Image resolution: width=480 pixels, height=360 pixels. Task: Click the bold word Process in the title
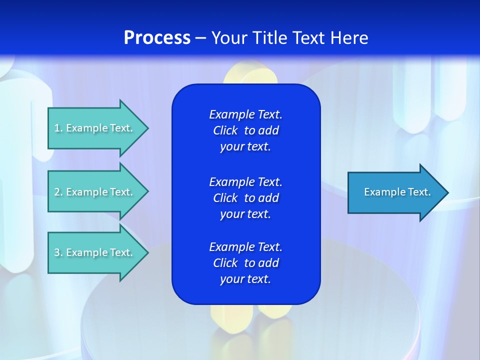pos(157,38)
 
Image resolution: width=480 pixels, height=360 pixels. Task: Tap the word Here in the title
pos(349,38)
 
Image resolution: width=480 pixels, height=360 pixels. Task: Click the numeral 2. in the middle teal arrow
pos(58,192)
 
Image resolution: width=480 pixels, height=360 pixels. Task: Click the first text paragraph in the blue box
pos(245,130)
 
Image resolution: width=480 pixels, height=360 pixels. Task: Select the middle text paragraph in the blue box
pos(245,198)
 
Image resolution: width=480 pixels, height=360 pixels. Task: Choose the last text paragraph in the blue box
pos(245,263)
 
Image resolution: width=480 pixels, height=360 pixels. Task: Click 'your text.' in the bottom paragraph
pos(245,279)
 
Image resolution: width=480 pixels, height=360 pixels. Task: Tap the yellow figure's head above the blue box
pos(250,75)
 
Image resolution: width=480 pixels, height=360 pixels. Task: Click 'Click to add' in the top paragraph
pos(245,130)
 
